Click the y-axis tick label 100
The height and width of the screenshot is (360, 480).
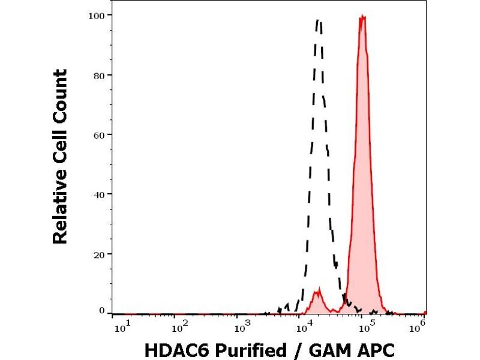click(98, 15)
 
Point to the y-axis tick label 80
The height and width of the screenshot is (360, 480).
click(101, 75)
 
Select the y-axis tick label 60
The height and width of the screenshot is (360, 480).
click(101, 134)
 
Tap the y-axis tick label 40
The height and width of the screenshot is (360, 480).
click(101, 194)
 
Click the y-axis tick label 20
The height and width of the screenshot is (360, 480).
click(101, 254)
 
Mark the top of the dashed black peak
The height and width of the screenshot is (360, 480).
click(318, 22)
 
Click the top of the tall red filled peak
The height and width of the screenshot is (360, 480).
click(362, 17)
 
